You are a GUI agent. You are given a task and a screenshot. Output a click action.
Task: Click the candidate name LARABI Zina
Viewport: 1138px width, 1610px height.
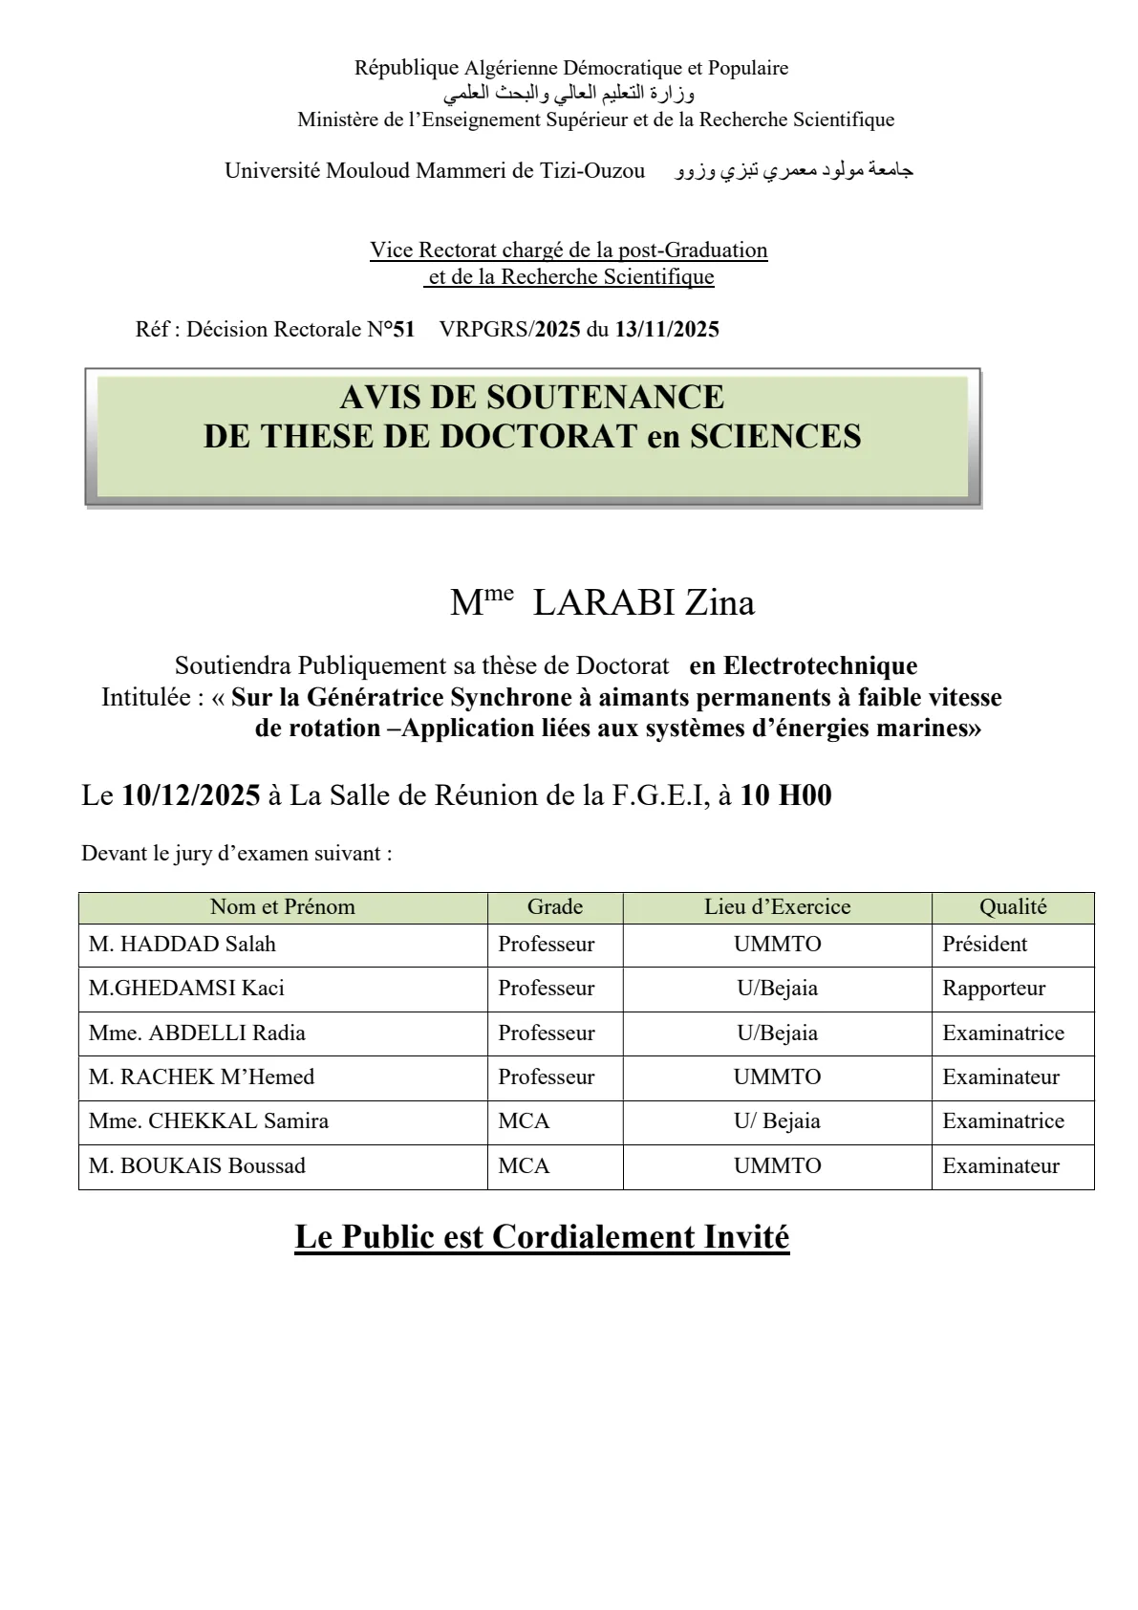click(x=643, y=603)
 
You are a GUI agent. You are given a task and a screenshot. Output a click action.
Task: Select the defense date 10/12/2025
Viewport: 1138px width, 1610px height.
click(x=191, y=795)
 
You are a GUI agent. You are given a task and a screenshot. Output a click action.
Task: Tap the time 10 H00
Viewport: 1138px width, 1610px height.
click(x=785, y=795)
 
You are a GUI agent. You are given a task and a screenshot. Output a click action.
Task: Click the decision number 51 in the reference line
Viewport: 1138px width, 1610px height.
click(x=404, y=330)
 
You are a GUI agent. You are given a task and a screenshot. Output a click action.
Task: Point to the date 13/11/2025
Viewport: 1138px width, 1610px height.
click(x=667, y=330)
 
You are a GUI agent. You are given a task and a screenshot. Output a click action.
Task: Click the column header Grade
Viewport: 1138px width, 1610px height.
click(x=554, y=907)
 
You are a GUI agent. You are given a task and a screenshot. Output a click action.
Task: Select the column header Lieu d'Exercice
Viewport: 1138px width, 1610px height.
click(x=777, y=907)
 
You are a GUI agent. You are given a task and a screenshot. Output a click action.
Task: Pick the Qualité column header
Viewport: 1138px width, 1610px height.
click(x=1013, y=907)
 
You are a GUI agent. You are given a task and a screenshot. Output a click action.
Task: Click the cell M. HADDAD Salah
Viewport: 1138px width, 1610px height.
click(x=183, y=945)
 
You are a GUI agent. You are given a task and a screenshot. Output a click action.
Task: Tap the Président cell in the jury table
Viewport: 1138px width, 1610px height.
click(x=984, y=945)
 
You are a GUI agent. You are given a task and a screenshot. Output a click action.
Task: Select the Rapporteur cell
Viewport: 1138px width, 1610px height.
click(x=994, y=989)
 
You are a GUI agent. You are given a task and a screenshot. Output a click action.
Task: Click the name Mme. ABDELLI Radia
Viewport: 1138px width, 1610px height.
click(x=197, y=1033)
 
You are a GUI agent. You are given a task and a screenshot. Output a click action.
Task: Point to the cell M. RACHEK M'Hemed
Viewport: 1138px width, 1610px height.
click(x=202, y=1077)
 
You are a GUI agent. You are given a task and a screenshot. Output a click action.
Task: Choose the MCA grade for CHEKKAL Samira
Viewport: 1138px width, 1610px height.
click(x=524, y=1121)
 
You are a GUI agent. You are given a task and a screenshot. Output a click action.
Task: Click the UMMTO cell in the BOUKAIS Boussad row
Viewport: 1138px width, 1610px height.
click(x=777, y=1166)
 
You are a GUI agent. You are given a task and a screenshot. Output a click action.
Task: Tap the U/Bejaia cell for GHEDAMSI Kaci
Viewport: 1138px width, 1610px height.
click(x=777, y=989)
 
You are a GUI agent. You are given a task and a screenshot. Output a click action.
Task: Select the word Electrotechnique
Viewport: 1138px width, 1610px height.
click(x=820, y=666)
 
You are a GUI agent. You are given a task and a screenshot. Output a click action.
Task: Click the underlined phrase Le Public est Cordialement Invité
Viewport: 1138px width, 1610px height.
click(x=542, y=1237)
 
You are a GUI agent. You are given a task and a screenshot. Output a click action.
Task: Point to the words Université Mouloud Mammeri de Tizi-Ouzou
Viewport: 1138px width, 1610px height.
click(x=435, y=171)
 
